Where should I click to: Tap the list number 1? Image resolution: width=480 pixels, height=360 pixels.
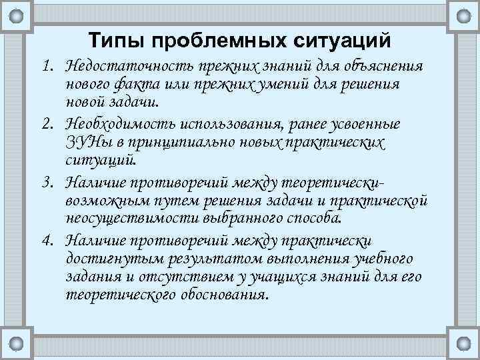click(45, 67)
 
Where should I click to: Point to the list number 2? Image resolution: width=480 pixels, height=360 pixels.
click(45, 125)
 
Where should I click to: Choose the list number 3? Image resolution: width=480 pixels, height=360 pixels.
click(45, 182)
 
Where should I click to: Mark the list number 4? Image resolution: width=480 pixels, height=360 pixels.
click(45, 239)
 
